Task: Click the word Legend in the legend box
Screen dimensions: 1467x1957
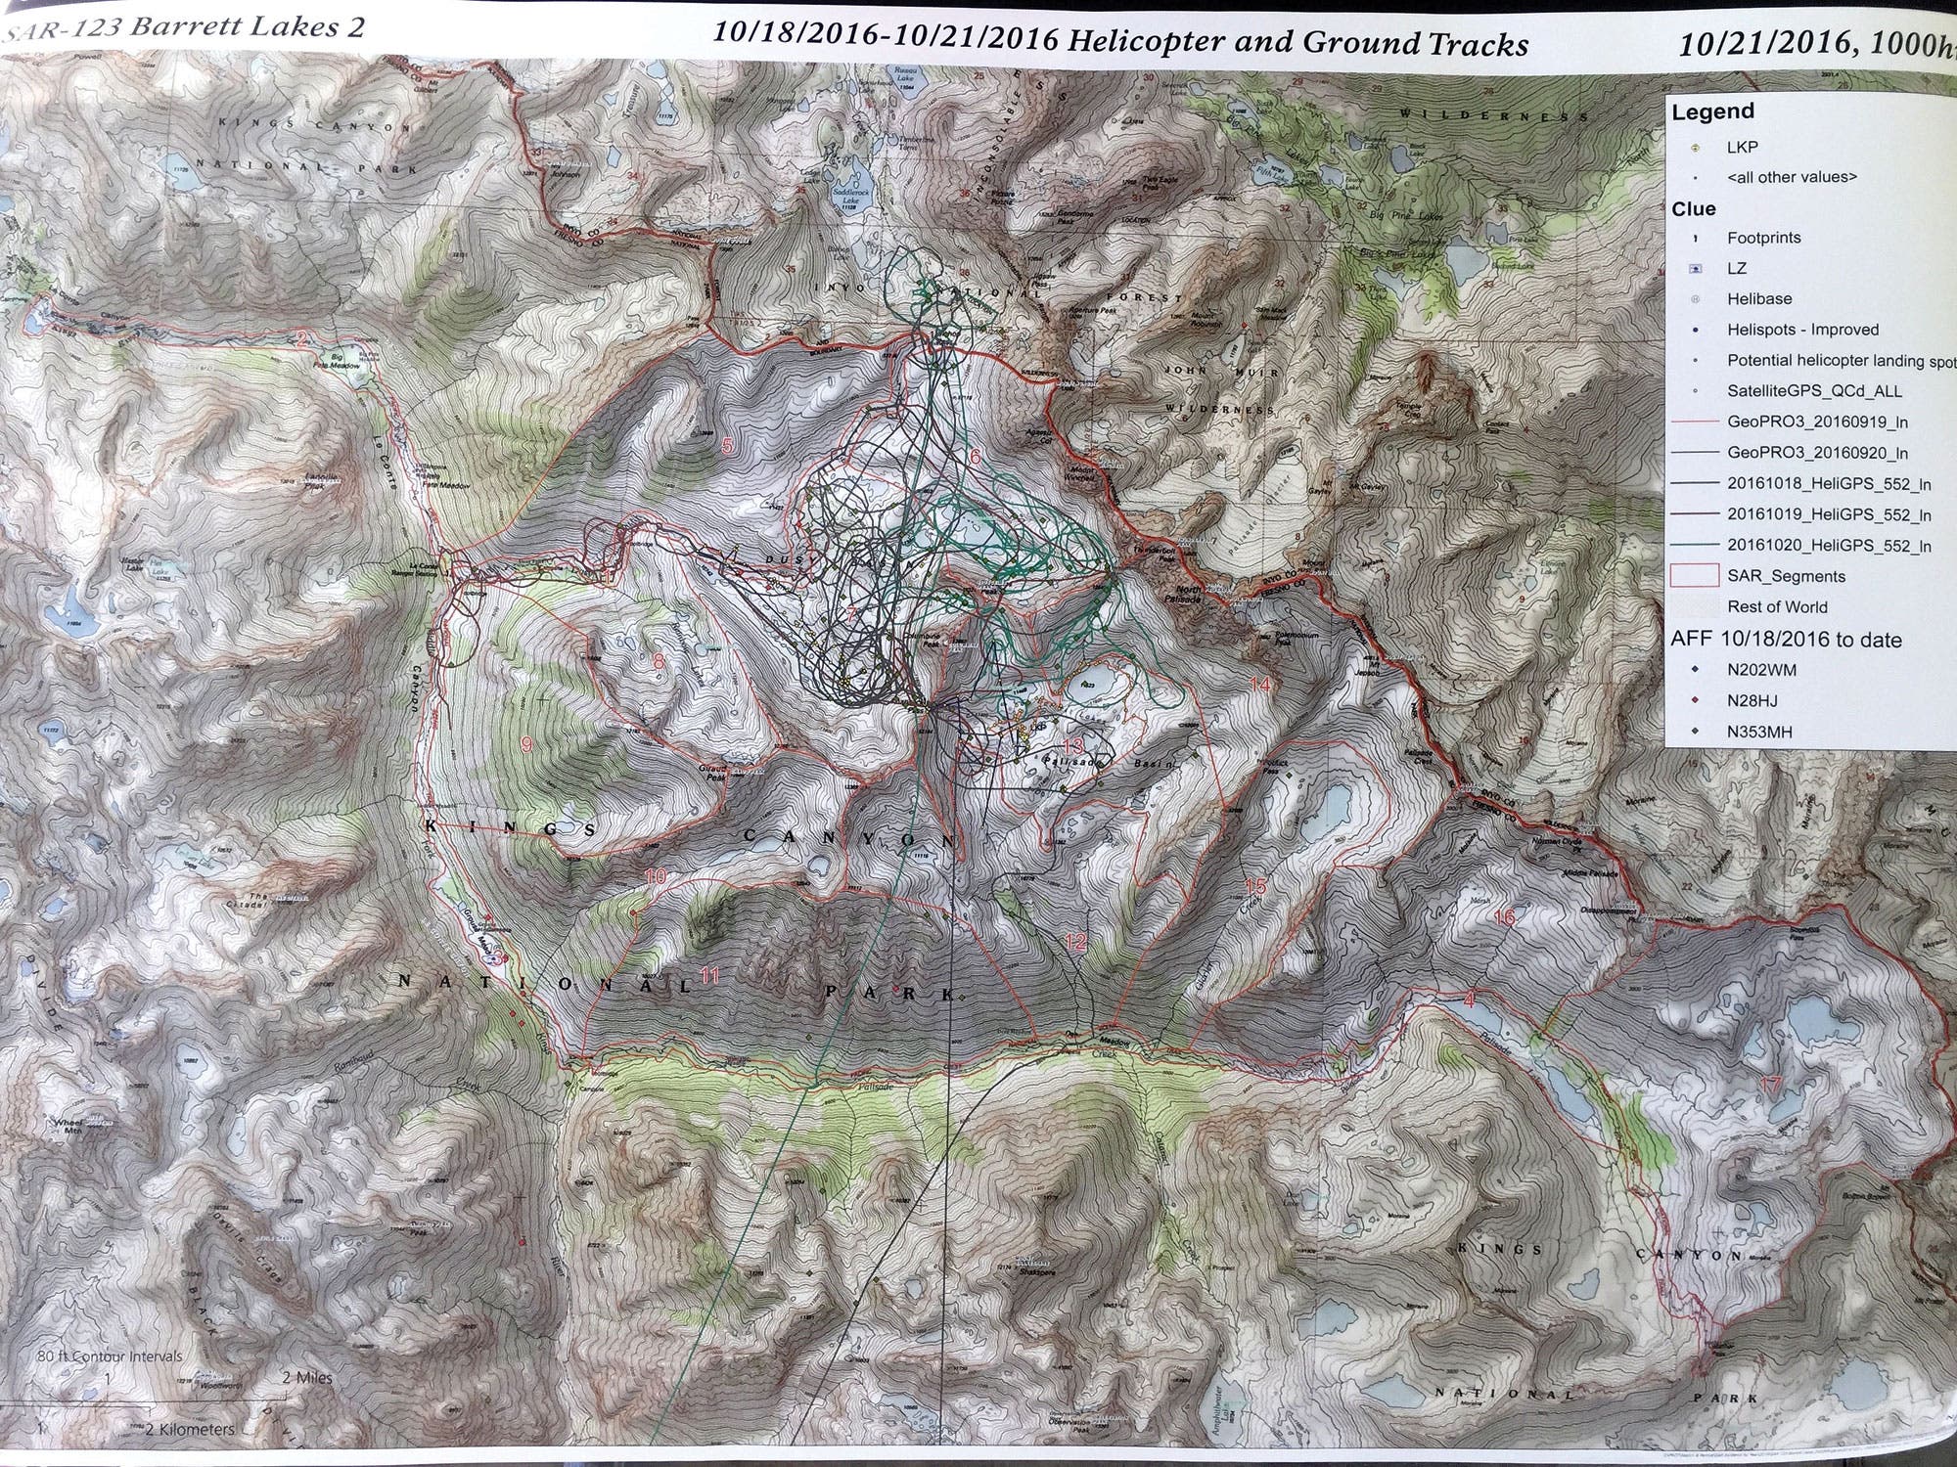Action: coord(1711,111)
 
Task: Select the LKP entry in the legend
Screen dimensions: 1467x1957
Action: coord(1742,147)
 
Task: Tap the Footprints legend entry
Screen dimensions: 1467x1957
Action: coord(1763,238)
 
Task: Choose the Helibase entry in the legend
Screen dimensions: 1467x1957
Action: coord(1759,299)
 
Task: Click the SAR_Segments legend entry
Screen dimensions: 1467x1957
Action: coord(1786,576)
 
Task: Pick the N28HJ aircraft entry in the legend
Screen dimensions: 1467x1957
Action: coord(1752,700)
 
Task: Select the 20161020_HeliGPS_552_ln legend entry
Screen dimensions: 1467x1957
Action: coord(1829,545)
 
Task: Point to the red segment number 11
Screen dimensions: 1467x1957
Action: coord(710,974)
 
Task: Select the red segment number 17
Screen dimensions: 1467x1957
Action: coord(1769,1084)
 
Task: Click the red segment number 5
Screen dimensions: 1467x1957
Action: coord(726,445)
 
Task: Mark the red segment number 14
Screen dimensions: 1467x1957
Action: coord(1260,685)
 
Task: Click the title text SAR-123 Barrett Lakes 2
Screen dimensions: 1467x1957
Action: coord(186,27)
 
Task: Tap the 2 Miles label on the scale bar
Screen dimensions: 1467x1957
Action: coord(306,1377)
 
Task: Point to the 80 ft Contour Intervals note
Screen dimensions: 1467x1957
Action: coord(110,1356)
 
